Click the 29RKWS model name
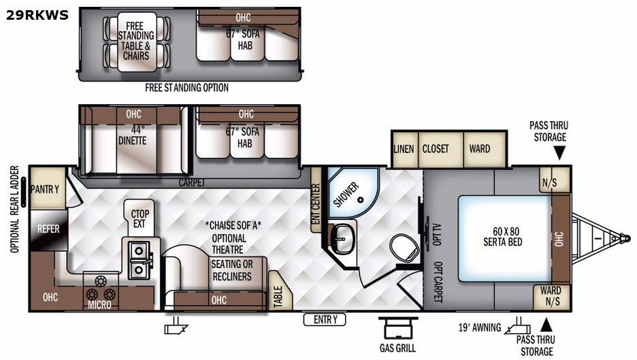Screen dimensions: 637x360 click(37, 15)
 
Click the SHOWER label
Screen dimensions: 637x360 click(346, 194)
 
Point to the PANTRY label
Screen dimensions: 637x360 click(45, 189)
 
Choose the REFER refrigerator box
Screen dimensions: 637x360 click(48, 230)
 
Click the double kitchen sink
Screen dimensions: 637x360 click(140, 260)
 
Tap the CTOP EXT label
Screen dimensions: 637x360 click(140, 218)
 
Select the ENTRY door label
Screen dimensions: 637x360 click(325, 320)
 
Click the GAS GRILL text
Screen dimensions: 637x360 click(397, 348)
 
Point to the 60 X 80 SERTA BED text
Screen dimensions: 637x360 click(503, 236)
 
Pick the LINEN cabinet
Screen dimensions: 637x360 click(404, 149)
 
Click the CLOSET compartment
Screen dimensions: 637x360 click(440, 149)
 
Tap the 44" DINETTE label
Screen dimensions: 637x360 click(133, 135)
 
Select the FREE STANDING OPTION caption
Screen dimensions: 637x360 click(187, 88)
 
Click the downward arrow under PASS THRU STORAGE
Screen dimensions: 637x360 click(559, 152)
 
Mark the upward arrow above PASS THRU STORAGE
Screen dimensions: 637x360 click(546, 325)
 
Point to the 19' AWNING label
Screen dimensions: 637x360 click(480, 327)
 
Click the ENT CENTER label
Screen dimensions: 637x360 click(316, 204)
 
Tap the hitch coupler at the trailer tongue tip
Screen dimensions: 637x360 click(625, 238)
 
